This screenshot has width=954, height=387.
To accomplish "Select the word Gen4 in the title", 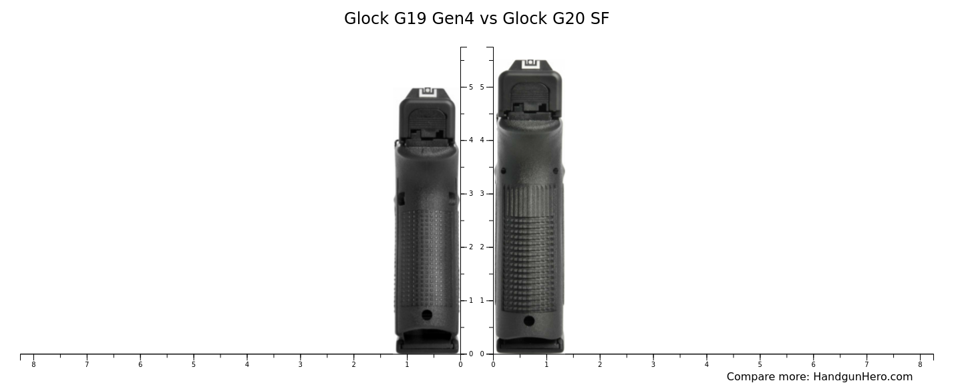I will click(x=453, y=19).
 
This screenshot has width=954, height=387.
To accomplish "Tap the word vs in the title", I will click(x=489, y=19).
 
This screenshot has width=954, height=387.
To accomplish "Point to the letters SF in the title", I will click(x=599, y=19).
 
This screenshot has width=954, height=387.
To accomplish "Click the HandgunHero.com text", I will click(x=862, y=377).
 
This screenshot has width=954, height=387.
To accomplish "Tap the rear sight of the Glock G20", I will click(x=530, y=63).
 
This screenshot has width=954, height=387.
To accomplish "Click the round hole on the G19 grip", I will click(x=427, y=315).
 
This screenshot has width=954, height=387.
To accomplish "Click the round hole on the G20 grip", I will click(x=529, y=321).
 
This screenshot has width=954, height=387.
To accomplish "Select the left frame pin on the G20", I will click(x=503, y=171).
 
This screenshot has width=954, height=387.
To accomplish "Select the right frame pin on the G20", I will click(x=556, y=171).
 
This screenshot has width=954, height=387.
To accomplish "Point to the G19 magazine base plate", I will click(x=427, y=346).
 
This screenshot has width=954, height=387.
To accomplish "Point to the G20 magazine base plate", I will click(x=530, y=346).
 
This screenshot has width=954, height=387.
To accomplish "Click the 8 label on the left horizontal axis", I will click(x=33, y=364).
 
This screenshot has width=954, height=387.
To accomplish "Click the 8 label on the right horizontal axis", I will click(x=920, y=364).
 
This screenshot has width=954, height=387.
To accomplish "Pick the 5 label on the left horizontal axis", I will click(x=194, y=364).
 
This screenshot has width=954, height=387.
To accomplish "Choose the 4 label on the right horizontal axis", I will click(x=706, y=364).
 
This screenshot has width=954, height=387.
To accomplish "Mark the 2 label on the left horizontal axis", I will click(x=353, y=364).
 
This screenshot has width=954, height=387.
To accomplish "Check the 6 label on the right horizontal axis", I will click(x=813, y=364).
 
